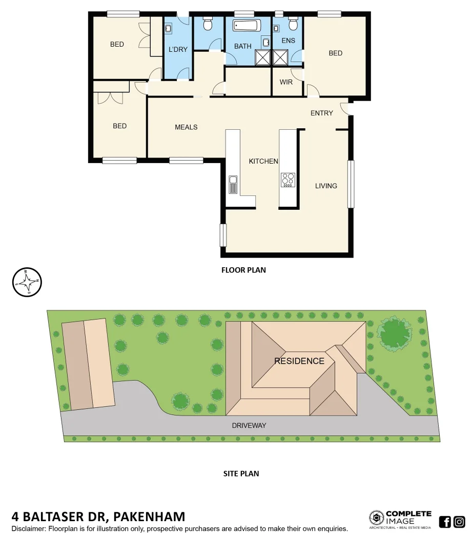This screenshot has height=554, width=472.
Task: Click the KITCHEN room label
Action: [x=263, y=161]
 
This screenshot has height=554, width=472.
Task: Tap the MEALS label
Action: [x=186, y=127]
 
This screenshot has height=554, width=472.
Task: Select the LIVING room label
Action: [x=326, y=186]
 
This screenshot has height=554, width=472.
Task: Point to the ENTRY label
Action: [x=322, y=113]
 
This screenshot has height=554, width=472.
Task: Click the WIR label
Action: [x=286, y=82]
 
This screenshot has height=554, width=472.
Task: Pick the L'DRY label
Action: [x=178, y=50]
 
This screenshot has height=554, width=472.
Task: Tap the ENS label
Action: [x=289, y=41]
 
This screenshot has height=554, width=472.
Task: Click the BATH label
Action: [x=243, y=46]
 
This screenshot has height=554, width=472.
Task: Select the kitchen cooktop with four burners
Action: [x=288, y=180]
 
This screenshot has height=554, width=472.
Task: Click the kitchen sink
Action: [x=233, y=184]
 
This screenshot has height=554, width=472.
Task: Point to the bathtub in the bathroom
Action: [x=247, y=26]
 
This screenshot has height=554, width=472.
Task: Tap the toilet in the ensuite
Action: [x=293, y=24]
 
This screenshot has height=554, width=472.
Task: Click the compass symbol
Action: [x=27, y=282]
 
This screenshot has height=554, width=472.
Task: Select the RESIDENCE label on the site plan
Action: [x=299, y=361]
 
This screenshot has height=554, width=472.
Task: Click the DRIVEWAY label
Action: [x=249, y=425]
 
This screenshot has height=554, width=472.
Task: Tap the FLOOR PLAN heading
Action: [x=243, y=270]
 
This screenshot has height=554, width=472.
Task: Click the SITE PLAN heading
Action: [x=241, y=473]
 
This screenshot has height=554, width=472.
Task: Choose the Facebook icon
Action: [x=445, y=522]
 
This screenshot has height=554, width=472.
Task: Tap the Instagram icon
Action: [x=459, y=522]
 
